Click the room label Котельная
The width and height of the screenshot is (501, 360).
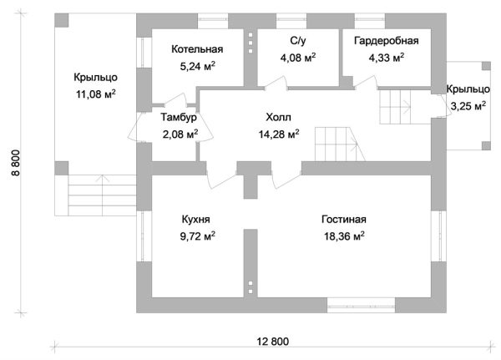(x=197, y=49)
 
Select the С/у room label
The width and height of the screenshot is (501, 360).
(x=297, y=40)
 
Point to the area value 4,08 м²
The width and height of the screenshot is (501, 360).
(x=297, y=58)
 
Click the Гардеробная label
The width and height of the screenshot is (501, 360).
(x=385, y=40)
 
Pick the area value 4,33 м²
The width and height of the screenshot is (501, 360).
(x=386, y=58)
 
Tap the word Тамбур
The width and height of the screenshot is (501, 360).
(x=180, y=118)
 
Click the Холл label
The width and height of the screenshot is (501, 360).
(x=279, y=118)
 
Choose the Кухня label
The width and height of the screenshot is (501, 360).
(x=195, y=220)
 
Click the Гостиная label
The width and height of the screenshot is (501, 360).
(x=344, y=220)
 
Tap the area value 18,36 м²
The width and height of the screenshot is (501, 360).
(x=344, y=236)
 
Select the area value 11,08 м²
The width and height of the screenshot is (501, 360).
(x=94, y=94)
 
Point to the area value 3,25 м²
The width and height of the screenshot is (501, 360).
(x=468, y=106)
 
